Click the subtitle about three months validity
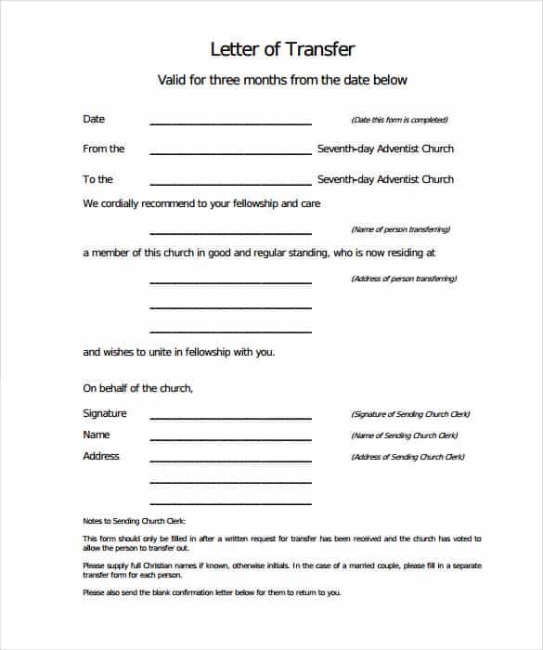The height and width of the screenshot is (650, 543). (x=282, y=80)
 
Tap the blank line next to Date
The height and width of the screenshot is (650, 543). (x=230, y=123)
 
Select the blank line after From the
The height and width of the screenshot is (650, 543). (x=230, y=152)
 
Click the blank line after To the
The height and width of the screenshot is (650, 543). (x=230, y=183)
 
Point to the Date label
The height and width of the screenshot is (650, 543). (x=94, y=119)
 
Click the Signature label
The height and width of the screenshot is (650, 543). (x=105, y=413)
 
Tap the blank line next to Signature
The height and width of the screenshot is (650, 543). (x=230, y=417)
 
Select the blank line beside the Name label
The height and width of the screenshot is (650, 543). (x=230, y=438)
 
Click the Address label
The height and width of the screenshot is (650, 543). (x=101, y=456)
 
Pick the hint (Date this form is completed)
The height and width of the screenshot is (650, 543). (x=399, y=120)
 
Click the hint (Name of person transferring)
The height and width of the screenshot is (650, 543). (x=400, y=229)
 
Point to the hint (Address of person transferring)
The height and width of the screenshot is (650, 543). (x=404, y=279)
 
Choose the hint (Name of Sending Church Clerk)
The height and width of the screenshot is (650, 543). (x=405, y=435)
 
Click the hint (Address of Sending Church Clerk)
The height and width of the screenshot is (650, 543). (x=407, y=457)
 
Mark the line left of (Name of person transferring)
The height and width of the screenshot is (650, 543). (x=230, y=232)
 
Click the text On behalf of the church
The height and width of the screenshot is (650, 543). (x=137, y=388)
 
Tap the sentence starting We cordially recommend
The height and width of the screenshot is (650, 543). (x=201, y=203)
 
